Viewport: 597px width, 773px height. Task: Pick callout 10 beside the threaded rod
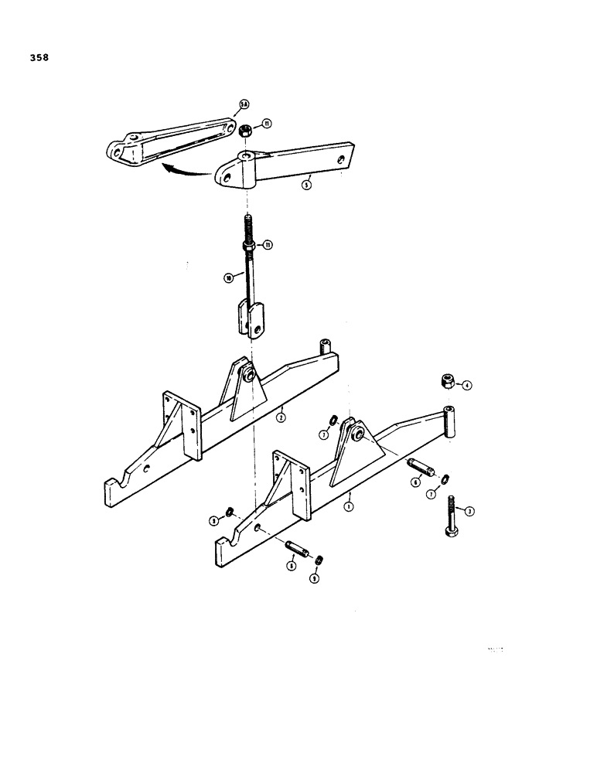[x=229, y=278]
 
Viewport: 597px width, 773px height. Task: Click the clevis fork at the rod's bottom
[x=249, y=320]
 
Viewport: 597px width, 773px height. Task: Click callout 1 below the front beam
[x=349, y=506]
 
